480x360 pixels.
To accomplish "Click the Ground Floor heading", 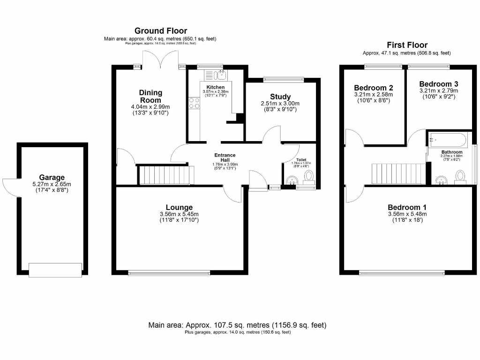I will (x=160, y=31).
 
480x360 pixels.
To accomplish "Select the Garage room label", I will (x=52, y=177).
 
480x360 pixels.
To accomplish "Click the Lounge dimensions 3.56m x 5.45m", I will (x=179, y=214).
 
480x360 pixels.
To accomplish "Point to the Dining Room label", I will (x=150, y=96).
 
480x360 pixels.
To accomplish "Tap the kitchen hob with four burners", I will (x=194, y=103).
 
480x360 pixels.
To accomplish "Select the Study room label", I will (x=280, y=97).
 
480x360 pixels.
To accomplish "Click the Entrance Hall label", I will (x=225, y=157).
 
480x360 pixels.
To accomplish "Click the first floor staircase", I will (x=399, y=173).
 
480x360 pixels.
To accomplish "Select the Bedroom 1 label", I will (x=406, y=207).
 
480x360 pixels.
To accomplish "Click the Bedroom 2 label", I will (x=373, y=88).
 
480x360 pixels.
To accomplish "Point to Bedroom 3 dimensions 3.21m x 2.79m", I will (x=438, y=90).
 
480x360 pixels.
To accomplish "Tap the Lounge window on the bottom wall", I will (x=169, y=272).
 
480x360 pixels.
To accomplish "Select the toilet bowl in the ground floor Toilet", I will (x=309, y=176).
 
